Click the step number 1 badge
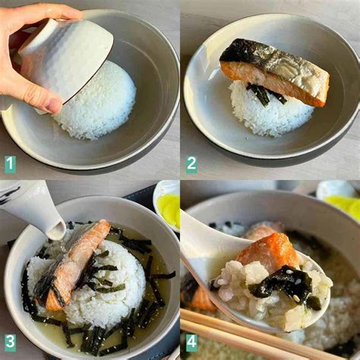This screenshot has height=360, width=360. (x=10, y=163)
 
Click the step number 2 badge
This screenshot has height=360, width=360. (x=191, y=163)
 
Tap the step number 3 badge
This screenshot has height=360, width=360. (x=10, y=343)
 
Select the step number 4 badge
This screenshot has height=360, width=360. (x=191, y=343)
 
